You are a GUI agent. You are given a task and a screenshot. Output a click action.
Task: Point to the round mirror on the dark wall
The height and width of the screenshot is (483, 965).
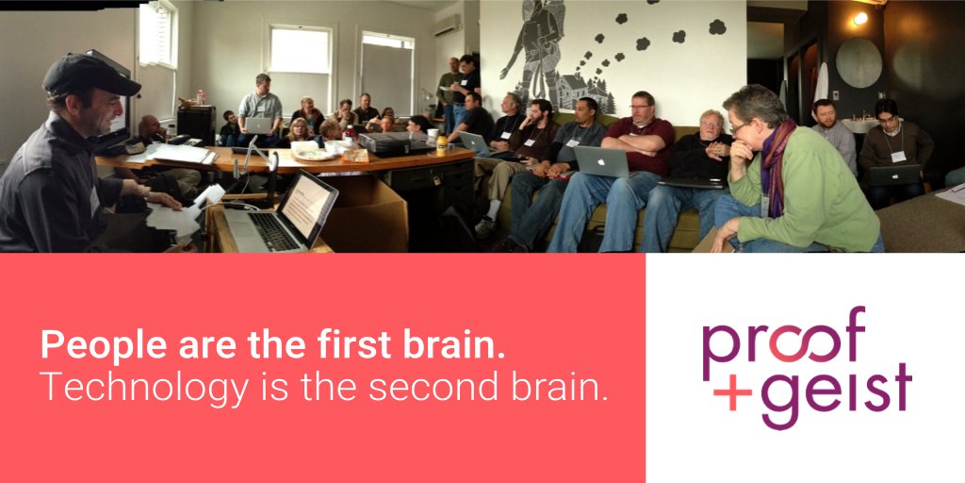coord(859,63)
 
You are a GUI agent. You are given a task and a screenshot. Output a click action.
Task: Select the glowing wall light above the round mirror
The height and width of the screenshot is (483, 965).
coord(859,18)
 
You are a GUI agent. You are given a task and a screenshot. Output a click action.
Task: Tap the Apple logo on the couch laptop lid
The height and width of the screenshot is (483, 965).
coord(601,161)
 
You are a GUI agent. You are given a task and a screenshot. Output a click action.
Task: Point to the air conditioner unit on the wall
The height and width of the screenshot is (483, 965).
coord(447,25)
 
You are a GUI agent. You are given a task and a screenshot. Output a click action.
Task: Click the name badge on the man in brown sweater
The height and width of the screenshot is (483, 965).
coord(897,156)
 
